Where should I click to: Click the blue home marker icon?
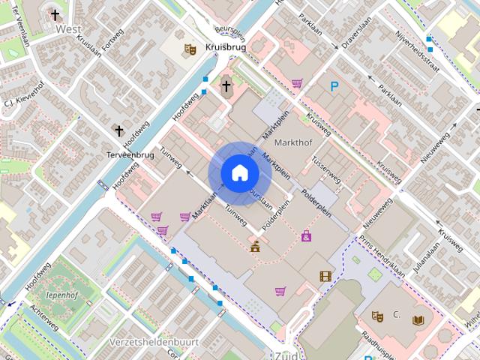point(239,173)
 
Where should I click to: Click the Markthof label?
point(292,142)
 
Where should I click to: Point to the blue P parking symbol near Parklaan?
point(334,86)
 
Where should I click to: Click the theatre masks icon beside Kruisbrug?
point(190,49)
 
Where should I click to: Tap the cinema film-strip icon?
point(325,277)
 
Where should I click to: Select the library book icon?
point(418,319)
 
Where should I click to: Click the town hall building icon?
point(256,245)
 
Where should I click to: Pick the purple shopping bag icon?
point(306,236)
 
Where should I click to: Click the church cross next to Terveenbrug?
point(118,131)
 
